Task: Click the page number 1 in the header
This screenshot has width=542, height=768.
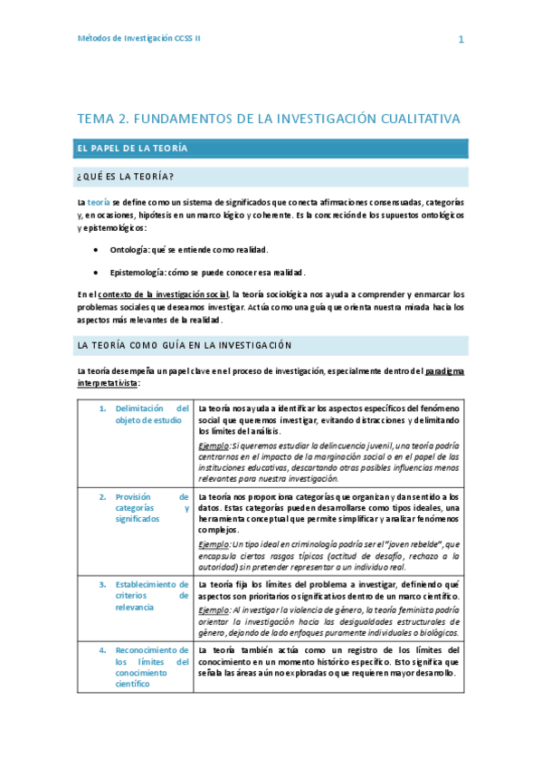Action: pyautogui.click(x=461, y=40)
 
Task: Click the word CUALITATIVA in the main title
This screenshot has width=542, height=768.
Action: pyautogui.click(x=411, y=119)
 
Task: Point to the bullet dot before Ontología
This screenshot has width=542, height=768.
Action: pyautogui.click(x=97, y=249)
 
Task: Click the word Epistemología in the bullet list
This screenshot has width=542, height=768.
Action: pyautogui.click(x=138, y=272)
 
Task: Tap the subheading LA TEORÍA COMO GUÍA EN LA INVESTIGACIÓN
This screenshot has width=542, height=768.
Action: pyautogui.click(x=185, y=345)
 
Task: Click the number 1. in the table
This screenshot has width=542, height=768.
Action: pyautogui.click(x=103, y=408)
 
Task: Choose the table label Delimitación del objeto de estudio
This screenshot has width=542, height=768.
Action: pyautogui.click(x=152, y=414)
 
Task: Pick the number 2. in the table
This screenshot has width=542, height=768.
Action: pyautogui.click(x=103, y=497)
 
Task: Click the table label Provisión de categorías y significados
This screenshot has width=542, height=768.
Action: pyautogui.click(x=152, y=508)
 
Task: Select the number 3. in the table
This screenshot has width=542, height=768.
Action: pyautogui.click(x=103, y=585)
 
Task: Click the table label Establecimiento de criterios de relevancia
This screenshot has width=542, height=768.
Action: pyautogui.click(x=152, y=596)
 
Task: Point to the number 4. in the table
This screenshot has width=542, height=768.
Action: pyautogui.click(x=103, y=650)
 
